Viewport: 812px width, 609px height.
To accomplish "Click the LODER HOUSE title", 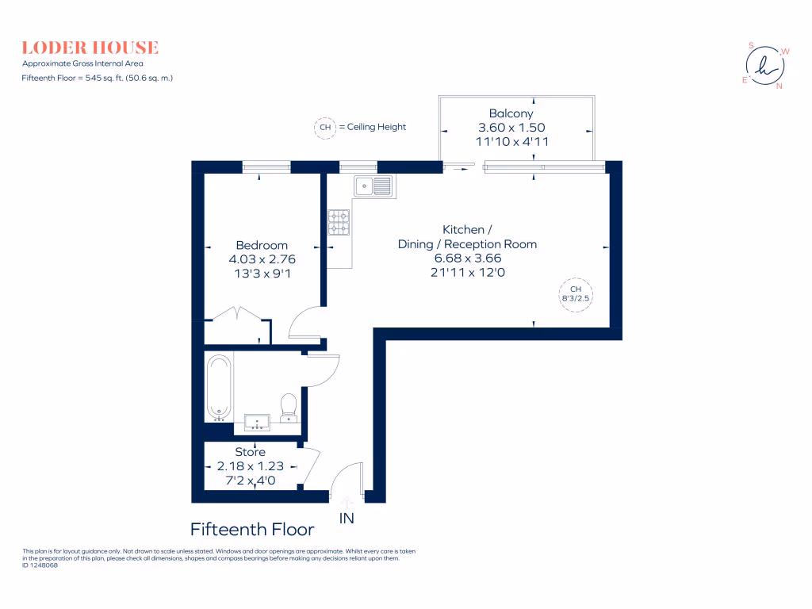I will [90, 48].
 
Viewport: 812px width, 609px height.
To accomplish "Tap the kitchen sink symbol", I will [373, 186].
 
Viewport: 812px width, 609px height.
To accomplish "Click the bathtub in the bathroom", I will [220, 387].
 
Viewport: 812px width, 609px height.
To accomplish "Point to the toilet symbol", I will [289, 406].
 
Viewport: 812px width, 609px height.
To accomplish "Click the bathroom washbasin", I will [258, 421].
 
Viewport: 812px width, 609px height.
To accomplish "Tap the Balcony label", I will [511, 114].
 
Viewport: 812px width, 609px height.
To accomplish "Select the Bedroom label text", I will [262, 245].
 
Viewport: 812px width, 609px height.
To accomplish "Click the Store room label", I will [250, 452].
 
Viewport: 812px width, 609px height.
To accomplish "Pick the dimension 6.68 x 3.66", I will [467, 258].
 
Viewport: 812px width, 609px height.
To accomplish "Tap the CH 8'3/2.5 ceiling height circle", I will [576, 294].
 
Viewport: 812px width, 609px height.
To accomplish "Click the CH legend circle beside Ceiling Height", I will [324, 127].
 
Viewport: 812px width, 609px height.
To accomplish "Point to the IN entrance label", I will [347, 519].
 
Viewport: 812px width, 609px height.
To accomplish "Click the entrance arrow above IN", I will [347, 501].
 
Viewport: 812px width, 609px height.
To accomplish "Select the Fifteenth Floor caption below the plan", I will [252, 529].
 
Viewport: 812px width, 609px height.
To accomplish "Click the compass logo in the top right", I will [764, 66].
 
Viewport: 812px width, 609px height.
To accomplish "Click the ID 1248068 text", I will [40, 565].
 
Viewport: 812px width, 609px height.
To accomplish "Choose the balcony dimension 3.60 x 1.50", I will [511, 128].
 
